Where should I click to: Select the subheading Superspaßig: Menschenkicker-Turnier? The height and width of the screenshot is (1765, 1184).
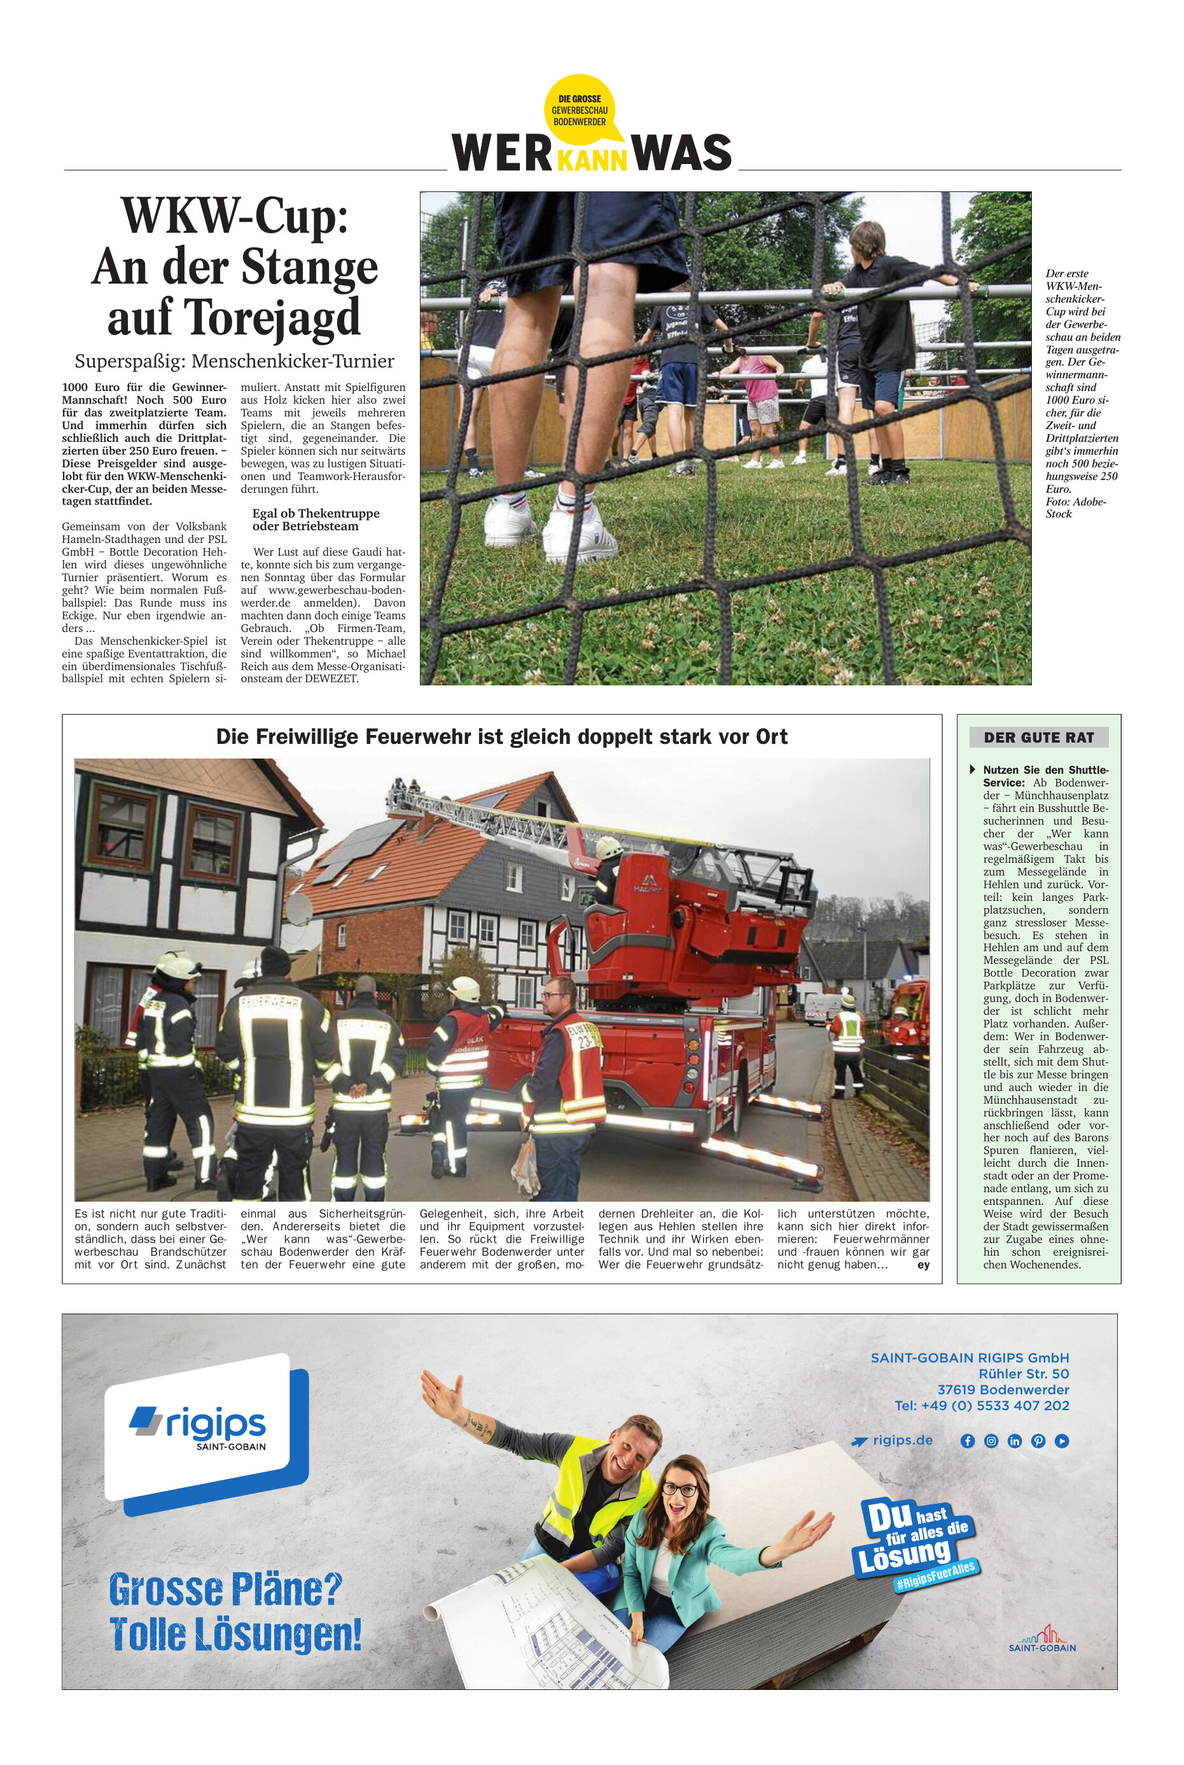click(234, 361)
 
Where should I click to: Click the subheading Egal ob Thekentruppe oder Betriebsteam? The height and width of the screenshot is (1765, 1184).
click(316, 519)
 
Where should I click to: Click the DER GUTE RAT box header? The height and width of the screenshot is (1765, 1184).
click(1038, 738)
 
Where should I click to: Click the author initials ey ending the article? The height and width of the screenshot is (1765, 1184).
click(923, 1265)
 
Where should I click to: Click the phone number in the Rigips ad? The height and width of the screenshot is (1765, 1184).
click(982, 1405)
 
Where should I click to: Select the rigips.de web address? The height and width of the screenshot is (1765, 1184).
click(902, 1439)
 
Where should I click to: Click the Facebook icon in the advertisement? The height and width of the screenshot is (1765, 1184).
click(967, 1441)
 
